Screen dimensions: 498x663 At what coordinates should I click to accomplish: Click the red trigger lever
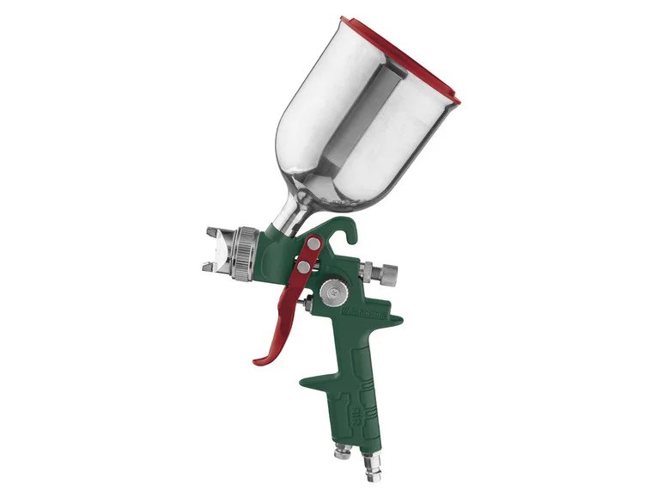292,301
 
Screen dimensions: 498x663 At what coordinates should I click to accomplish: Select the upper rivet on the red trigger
314,245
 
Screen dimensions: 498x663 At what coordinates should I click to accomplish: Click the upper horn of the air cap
214,232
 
